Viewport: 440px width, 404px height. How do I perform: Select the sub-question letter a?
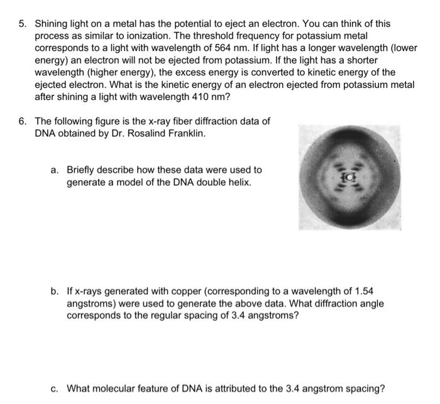pyautogui.click(x=55, y=170)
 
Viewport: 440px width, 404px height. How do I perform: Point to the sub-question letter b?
pyautogui.click(x=55, y=292)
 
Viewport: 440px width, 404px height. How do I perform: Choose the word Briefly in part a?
pyautogui.click(x=82, y=170)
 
